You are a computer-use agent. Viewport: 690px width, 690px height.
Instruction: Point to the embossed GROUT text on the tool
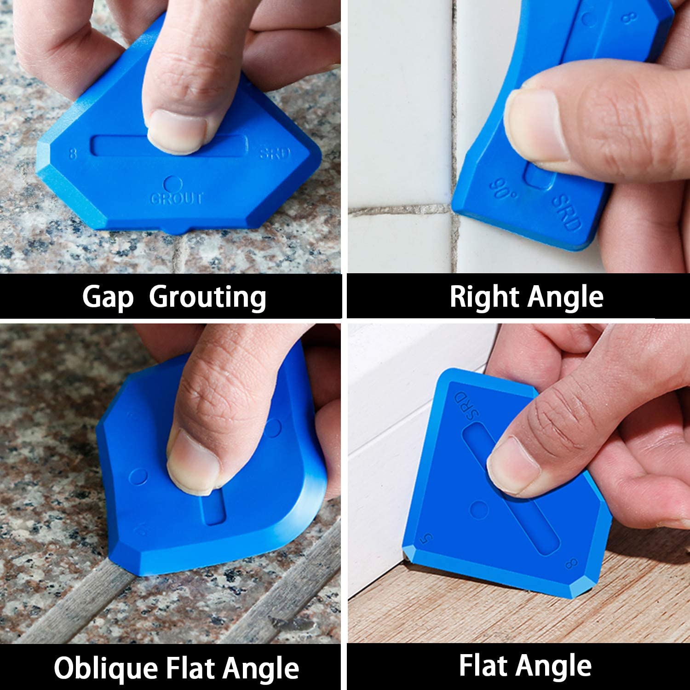pos(177,199)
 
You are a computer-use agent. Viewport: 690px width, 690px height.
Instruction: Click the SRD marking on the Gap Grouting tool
pos(275,153)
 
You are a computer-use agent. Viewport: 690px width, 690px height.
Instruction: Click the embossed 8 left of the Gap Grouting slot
pos(72,153)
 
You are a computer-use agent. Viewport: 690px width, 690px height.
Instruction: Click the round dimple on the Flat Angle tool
pos(479,509)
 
